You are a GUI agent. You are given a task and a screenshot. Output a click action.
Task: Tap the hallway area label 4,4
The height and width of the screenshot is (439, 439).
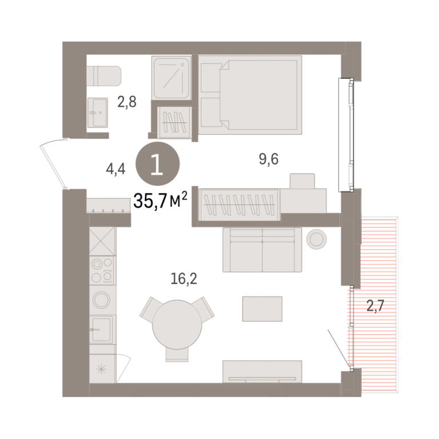pyautogui.click(x=115, y=169)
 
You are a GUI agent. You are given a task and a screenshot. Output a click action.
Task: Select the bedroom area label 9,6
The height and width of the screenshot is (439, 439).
pyautogui.click(x=269, y=159)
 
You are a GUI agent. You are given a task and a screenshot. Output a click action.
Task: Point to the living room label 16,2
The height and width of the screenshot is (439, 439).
pyautogui.click(x=184, y=279)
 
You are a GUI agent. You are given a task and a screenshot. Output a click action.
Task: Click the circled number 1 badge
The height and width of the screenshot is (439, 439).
pyautogui.click(x=158, y=164)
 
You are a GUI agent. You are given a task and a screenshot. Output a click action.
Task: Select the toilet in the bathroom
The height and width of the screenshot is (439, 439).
pyautogui.click(x=104, y=76)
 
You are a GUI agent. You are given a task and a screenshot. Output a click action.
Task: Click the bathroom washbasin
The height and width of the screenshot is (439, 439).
pyautogui.click(x=97, y=113)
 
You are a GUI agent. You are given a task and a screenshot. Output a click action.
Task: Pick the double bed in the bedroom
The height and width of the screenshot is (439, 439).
pyautogui.click(x=250, y=95)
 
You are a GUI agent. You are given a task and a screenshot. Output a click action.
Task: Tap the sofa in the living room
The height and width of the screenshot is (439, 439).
pyautogui.click(x=262, y=249)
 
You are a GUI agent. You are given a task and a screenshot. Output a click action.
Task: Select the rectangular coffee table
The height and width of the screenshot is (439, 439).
pyautogui.click(x=262, y=309)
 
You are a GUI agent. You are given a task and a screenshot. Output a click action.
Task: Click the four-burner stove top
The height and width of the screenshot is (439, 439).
pyautogui.click(x=102, y=270)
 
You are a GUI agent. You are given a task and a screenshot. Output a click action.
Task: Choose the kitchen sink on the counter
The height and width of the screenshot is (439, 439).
pyautogui.click(x=101, y=329)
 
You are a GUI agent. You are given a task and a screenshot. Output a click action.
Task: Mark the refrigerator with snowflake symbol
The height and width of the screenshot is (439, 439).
pyautogui.click(x=102, y=369)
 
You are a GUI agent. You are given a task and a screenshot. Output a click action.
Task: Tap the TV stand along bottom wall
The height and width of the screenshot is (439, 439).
pyautogui.click(x=262, y=372)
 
